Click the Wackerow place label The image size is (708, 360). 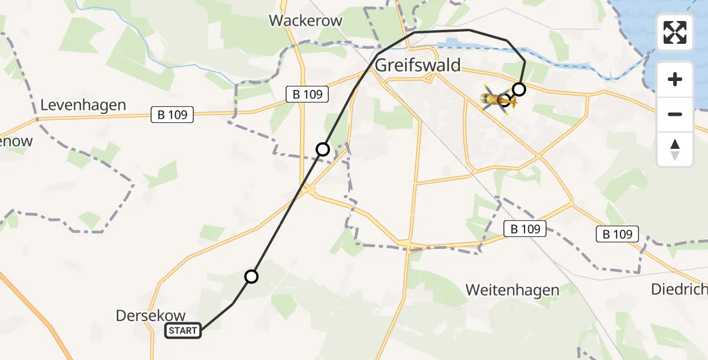pos(305,20)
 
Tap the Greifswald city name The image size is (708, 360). pos(418,65)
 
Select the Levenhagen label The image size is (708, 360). pos(83,106)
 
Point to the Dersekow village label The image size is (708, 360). pos(151,316)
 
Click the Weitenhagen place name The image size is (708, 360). pos(512,290)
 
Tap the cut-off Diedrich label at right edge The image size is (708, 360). pos(679,290)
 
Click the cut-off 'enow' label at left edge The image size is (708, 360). pos(16,142)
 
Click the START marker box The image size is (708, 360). pos(183,330)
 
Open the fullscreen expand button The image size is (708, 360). pos(675,32)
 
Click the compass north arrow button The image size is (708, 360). pos(675,149)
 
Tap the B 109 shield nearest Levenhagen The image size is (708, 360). pos(173,115)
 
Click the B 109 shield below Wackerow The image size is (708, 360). pos(308,94)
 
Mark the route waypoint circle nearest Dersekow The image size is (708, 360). pos(251,277)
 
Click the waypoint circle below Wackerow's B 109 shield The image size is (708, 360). pos(323,149)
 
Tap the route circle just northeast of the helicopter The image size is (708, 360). pos(519,90)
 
